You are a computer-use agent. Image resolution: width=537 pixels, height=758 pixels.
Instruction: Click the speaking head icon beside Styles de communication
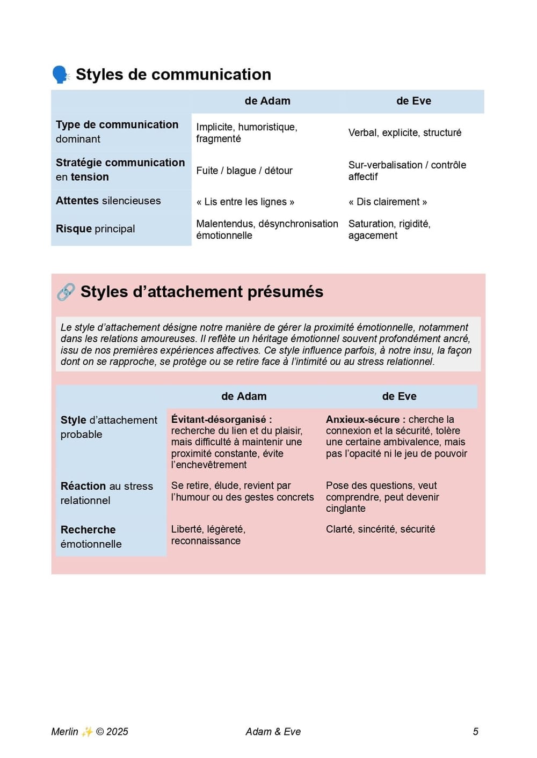point(61,75)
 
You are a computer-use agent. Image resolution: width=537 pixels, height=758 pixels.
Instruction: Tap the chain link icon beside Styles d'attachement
point(66,292)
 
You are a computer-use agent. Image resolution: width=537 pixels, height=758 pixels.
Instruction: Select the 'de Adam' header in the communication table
point(267,101)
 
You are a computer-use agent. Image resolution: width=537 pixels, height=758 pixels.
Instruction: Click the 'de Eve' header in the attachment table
point(399,396)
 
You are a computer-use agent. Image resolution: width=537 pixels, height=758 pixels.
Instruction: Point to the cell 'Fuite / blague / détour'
point(244,171)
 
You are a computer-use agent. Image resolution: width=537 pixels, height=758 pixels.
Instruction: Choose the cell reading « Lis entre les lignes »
point(245,202)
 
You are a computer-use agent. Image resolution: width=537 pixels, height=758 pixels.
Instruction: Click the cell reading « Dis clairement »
point(388,202)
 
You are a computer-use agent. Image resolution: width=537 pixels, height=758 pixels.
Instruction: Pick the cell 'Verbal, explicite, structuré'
point(405,133)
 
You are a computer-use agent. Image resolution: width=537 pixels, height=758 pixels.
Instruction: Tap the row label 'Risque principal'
point(96,229)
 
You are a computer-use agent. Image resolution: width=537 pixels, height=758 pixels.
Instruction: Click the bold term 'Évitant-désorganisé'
point(219,420)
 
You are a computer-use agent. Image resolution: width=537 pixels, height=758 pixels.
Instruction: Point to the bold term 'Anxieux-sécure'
point(363,420)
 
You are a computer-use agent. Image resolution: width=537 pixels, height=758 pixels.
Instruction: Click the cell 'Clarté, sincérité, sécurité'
point(380,529)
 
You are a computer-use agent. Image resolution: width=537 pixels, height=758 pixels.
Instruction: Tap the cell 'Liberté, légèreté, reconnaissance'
point(208,535)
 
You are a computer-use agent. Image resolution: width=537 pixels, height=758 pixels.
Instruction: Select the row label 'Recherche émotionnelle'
point(91,536)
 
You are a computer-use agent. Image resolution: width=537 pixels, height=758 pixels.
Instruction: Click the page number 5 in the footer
point(475,732)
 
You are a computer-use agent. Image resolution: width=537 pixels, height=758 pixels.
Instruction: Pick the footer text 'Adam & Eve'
point(273,732)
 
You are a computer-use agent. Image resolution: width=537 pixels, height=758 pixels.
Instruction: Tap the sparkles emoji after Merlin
point(87,732)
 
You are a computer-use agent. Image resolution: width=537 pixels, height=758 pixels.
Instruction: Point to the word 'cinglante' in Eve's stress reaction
point(345,509)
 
